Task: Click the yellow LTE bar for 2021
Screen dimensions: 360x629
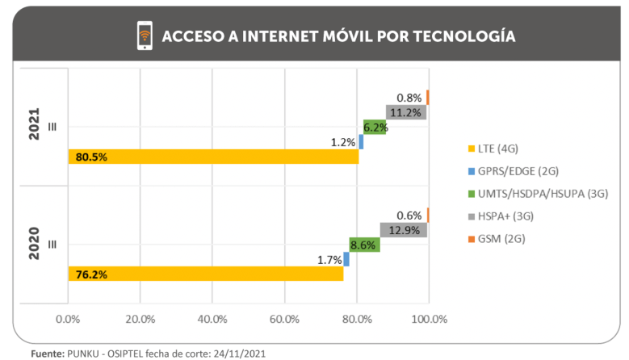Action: [213, 157]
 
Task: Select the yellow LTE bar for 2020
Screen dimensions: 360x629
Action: [205, 274]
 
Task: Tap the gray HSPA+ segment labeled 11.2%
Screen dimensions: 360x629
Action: [406, 112]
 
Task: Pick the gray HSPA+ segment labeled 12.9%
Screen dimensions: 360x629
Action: [403, 230]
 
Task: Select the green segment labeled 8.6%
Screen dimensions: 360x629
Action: [364, 245]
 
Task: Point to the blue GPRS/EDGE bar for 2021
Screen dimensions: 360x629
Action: [361, 142]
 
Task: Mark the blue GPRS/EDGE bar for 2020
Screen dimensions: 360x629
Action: [346, 259]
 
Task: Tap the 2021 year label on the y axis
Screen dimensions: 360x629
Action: [35, 126]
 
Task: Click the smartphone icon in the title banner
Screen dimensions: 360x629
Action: [145, 36]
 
